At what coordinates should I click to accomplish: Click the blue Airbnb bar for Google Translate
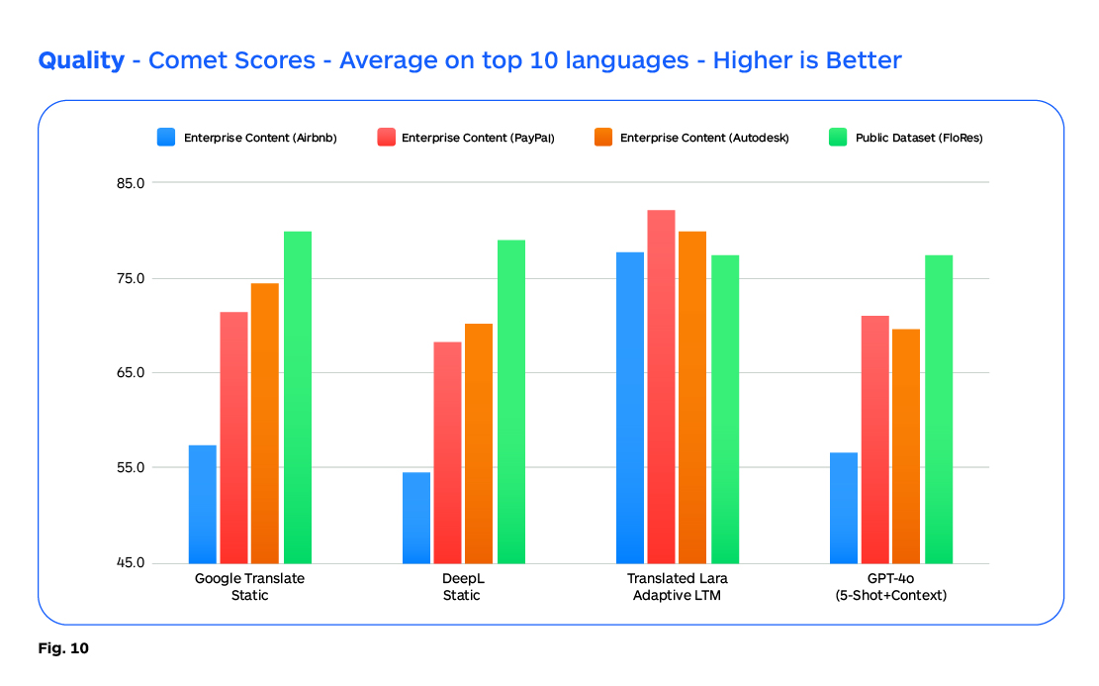(x=203, y=504)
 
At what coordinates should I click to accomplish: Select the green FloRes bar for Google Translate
(x=298, y=397)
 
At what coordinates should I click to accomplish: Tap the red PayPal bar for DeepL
(x=447, y=452)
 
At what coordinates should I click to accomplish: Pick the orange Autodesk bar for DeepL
(x=479, y=443)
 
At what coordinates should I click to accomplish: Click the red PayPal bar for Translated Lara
(x=661, y=386)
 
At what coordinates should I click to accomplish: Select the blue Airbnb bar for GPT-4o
(x=844, y=508)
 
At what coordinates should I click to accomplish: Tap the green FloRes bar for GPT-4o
(x=939, y=409)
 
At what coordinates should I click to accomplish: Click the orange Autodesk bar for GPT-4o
(x=906, y=445)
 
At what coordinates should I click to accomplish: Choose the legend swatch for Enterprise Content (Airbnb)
(x=166, y=138)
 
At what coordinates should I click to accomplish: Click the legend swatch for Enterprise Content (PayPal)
(x=385, y=138)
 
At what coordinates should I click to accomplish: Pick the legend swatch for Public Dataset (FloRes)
(x=837, y=138)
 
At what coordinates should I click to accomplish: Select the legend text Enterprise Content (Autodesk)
(x=704, y=138)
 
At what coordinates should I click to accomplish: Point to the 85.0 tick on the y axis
(x=131, y=183)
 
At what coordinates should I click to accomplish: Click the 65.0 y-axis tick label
(x=131, y=373)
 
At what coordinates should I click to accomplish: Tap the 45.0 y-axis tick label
(x=131, y=562)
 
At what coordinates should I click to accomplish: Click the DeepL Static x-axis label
(x=462, y=586)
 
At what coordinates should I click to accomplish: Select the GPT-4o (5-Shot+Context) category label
(x=891, y=586)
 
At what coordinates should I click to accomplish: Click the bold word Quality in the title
(x=81, y=60)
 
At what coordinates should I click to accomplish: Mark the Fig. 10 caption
(x=63, y=649)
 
